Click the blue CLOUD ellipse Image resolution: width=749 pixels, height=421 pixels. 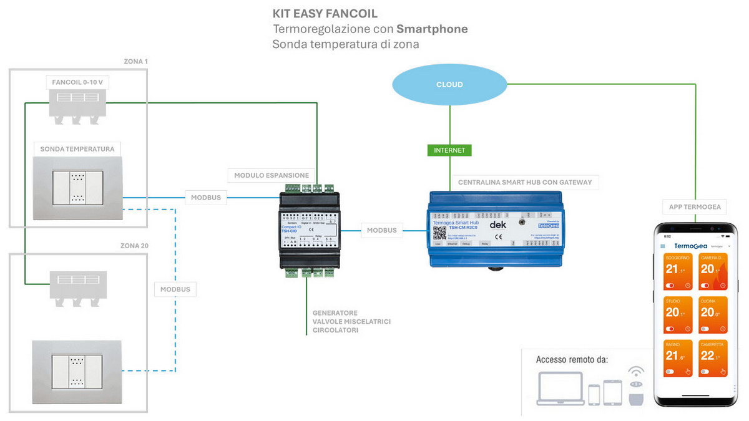pyautogui.click(x=449, y=84)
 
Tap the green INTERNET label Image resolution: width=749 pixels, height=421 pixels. pyautogui.click(x=450, y=150)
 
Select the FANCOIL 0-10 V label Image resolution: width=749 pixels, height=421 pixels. pyautogui.click(x=78, y=82)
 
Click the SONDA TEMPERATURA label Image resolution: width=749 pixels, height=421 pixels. pyautogui.click(x=77, y=149)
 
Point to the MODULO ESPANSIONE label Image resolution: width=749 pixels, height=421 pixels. pyautogui.click(x=272, y=175)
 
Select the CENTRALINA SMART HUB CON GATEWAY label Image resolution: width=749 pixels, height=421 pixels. pyautogui.click(x=524, y=182)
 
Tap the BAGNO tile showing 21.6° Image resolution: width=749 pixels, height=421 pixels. pyautogui.click(x=678, y=358)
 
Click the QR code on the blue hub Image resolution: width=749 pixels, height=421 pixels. pyautogui.click(x=439, y=233)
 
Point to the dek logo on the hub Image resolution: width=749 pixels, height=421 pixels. pyautogui.click(x=497, y=225)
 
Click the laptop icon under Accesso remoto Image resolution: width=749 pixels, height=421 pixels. pyautogui.click(x=560, y=389)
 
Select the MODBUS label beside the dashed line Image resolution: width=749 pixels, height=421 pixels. pyautogui.click(x=175, y=289)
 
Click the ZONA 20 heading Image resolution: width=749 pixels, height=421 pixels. pyautogui.click(x=134, y=246)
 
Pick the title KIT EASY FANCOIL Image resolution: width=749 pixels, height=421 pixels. pyautogui.click(x=325, y=13)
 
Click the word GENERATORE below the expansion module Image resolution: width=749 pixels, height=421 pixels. pyautogui.click(x=335, y=312)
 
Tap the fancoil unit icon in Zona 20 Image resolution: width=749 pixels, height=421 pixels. pyautogui.click(x=77, y=288)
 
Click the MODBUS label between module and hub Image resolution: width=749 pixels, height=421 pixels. pyautogui.click(x=381, y=230)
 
